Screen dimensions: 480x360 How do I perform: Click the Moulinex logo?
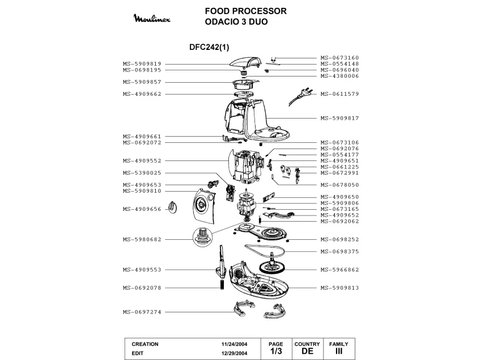152,18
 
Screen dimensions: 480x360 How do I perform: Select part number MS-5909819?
142,64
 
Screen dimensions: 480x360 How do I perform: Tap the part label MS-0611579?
339,94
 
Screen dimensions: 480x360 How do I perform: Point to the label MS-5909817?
339,118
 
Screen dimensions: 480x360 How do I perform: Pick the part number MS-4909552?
142,160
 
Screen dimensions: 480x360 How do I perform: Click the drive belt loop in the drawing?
265,249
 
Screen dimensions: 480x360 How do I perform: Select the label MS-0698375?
339,252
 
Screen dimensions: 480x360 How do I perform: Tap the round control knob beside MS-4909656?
173,207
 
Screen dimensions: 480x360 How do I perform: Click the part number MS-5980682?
142,239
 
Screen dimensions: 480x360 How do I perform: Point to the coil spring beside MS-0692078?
222,285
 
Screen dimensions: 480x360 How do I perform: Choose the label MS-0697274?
142,312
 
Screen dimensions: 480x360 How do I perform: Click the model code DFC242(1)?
209,47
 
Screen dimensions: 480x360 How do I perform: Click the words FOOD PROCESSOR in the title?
246,11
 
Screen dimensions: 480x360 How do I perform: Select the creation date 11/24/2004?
234,344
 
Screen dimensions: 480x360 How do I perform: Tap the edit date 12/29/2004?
234,353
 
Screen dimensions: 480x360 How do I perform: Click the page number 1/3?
276,351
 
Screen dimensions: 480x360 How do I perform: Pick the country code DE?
307,351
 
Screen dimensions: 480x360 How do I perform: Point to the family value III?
338,351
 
